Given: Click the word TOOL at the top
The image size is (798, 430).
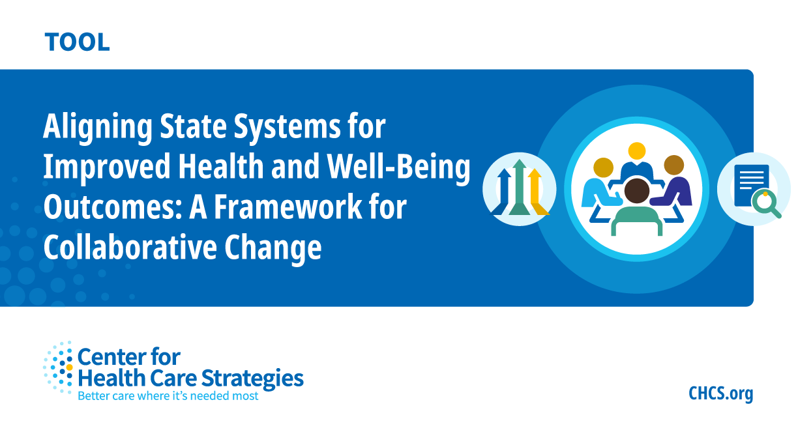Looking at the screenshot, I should pos(77,42).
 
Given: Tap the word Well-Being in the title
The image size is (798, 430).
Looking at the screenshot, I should pos(398,167).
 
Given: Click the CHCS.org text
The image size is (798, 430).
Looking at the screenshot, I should pos(720,394).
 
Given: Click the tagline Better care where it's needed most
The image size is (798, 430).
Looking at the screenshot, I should pos(168,395).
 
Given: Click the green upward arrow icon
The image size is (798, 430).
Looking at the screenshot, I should pos(519,188).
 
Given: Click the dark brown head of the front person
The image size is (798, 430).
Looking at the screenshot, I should pos(637,191).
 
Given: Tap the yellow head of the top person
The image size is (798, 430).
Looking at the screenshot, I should pos(637,151).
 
